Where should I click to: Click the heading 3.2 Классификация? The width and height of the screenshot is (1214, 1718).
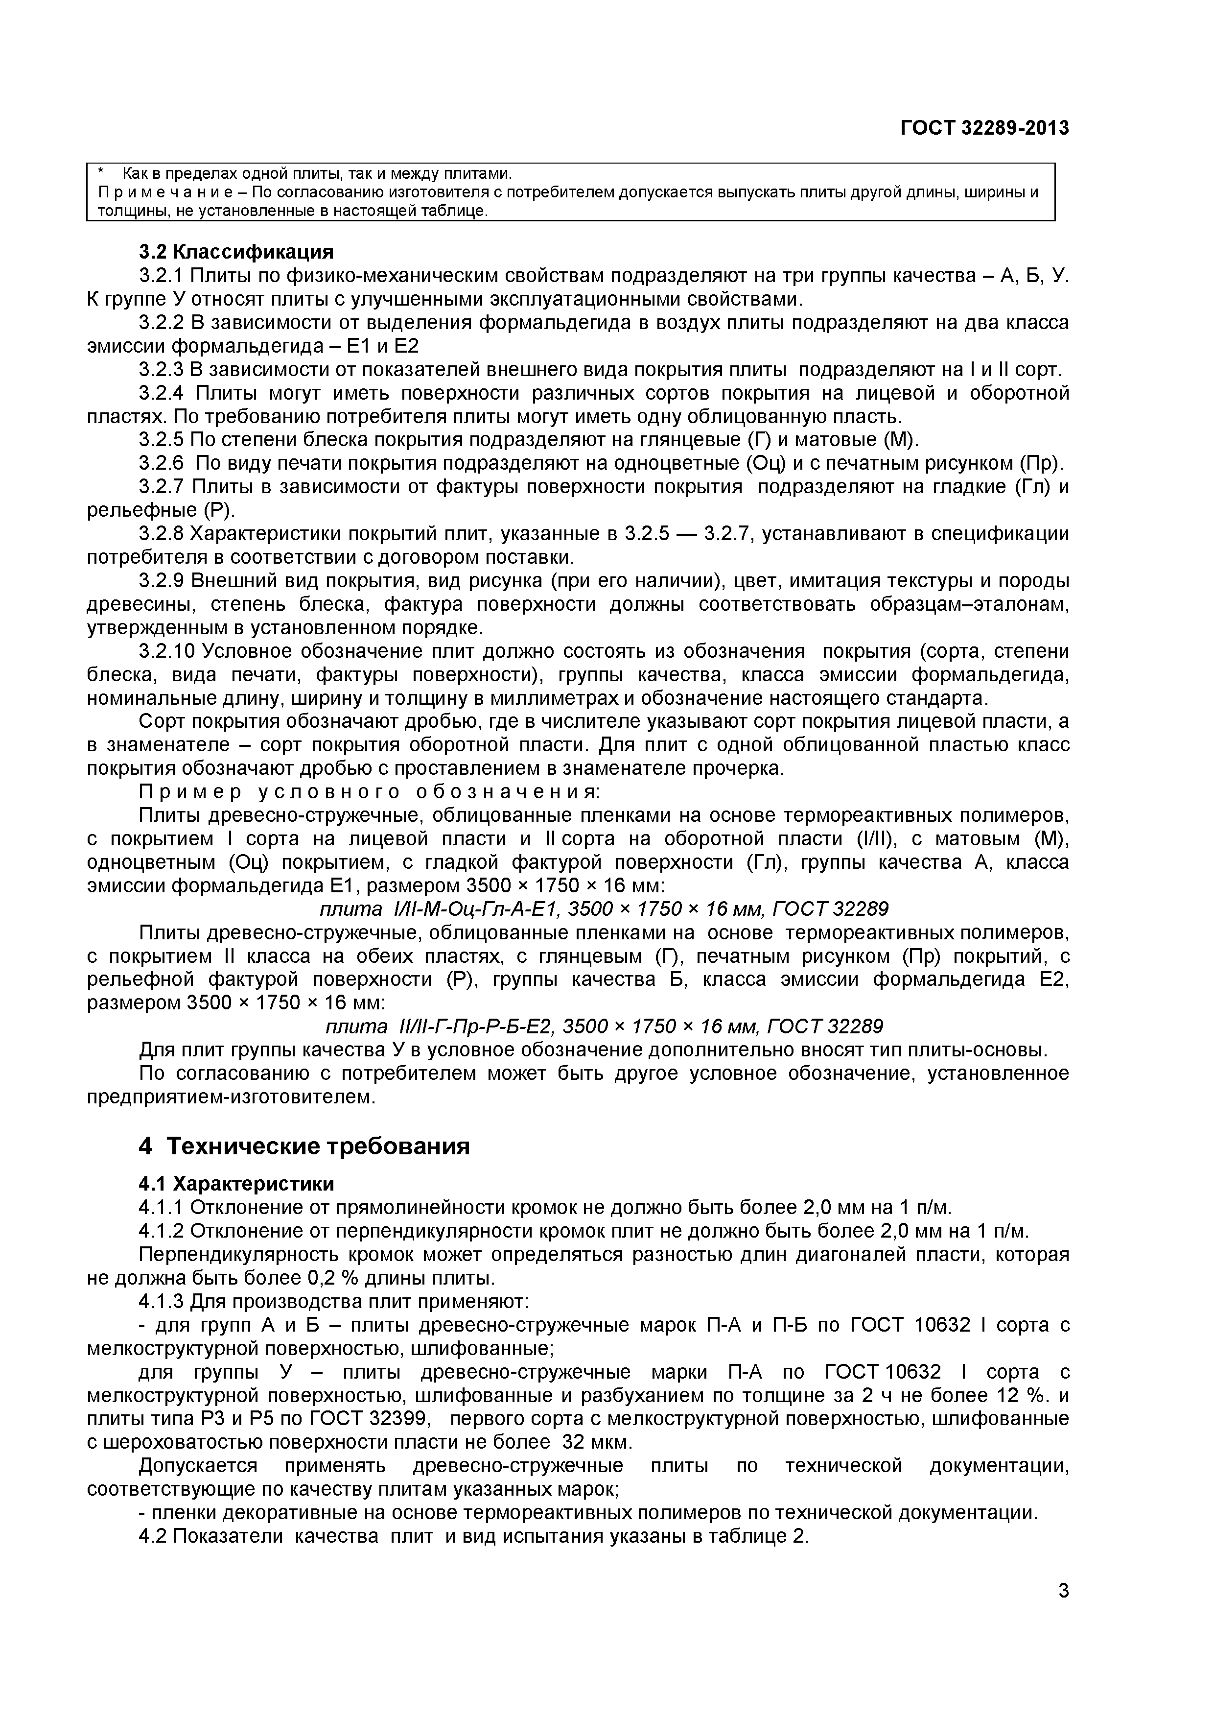[236, 251]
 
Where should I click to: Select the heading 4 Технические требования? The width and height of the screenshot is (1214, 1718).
[304, 1145]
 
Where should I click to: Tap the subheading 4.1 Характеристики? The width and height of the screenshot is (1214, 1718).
[236, 1183]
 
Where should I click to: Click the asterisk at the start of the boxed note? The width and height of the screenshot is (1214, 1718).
[102, 173]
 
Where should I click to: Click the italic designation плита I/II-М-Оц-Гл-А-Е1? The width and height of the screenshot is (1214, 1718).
[442, 909]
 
